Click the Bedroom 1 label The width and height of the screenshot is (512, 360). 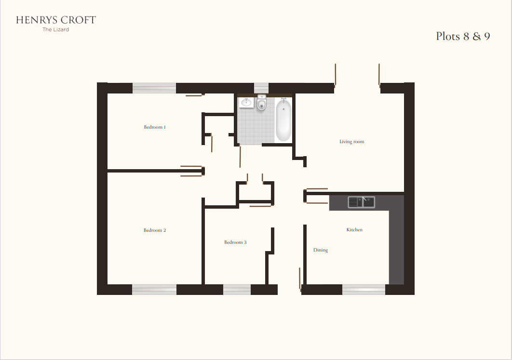(x=155, y=127)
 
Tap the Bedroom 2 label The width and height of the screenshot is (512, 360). (x=155, y=230)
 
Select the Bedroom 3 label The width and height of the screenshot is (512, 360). (x=235, y=242)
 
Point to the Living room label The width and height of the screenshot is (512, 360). (x=351, y=142)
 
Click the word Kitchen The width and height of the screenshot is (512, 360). (x=354, y=230)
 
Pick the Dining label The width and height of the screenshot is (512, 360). (x=321, y=250)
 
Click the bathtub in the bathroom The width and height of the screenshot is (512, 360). (x=283, y=120)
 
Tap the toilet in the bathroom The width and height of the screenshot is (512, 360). (x=261, y=103)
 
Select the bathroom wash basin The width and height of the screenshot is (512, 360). (x=246, y=102)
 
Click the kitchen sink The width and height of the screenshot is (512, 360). (x=362, y=202)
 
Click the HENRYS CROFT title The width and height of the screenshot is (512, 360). (x=56, y=20)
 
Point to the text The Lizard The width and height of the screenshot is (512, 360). (x=56, y=30)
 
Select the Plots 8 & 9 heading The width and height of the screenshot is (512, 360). (x=463, y=37)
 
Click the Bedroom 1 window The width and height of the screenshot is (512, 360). (x=154, y=88)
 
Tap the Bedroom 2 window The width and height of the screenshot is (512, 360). (x=154, y=289)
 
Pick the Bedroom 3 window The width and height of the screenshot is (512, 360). (x=237, y=289)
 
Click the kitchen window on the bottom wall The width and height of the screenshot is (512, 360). (x=364, y=289)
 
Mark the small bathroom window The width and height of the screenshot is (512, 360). (x=261, y=87)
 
